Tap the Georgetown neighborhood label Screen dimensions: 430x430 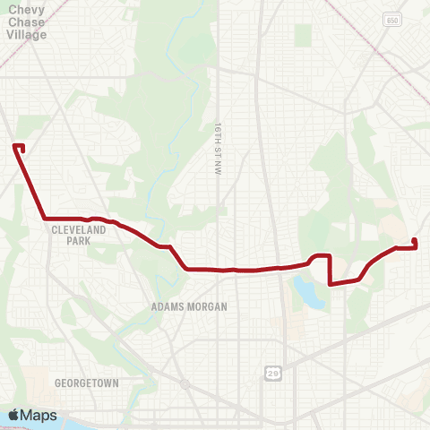click(86, 383)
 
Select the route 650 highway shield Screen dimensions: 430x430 click(391, 19)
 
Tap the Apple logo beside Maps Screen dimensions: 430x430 click(14, 415)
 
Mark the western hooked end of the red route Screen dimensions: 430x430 click(19, 146)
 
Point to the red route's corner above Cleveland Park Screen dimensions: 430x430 click(45, 218)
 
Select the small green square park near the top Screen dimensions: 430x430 click(303, 36)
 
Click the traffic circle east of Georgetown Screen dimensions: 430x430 click(184, 383)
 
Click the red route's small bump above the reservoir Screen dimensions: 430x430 click(316, 257)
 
